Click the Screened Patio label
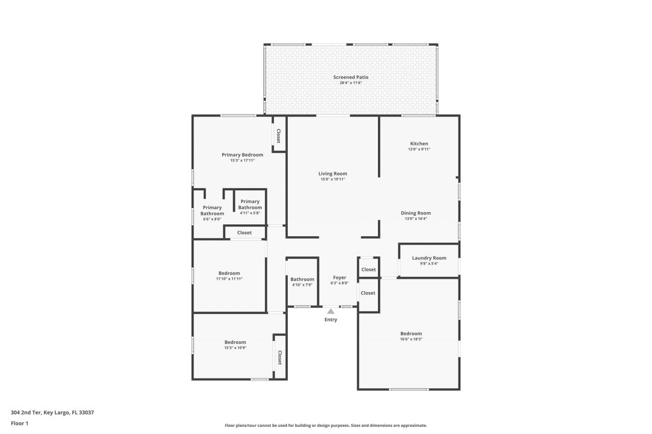point(350,77)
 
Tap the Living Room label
point(333,173)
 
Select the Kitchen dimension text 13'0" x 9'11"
point(419,150)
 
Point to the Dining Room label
point(416,213)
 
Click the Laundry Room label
point(429,258)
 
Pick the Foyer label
point(339,277)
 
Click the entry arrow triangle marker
point(331,311)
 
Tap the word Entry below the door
point(331,320)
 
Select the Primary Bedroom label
point(242,155)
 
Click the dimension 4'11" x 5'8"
point(250,213)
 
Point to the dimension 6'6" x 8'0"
point(212,219)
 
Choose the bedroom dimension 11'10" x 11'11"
point(229,279)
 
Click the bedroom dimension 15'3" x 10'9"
point(235,348)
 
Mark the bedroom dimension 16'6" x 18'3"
point(411,339)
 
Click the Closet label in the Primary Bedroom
point(279,135)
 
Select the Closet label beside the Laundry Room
point(368,269)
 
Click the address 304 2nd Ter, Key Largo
point(52,413)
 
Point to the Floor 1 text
point(19,423)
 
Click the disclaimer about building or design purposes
point(325,425)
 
